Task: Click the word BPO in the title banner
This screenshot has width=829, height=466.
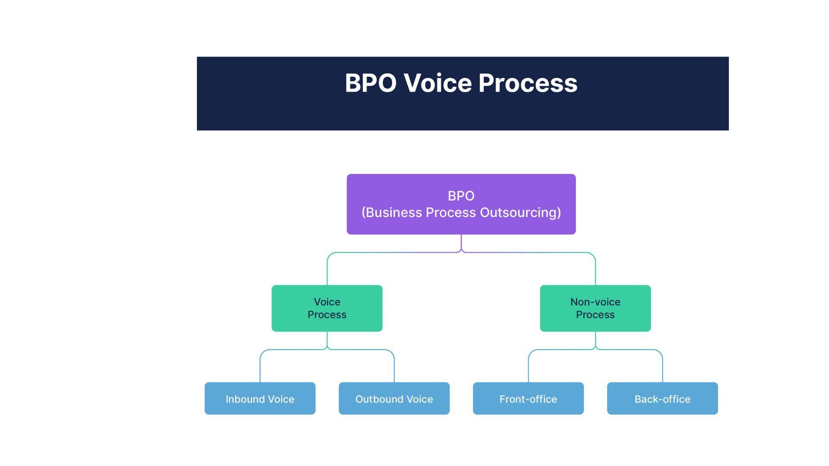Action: (370, 83)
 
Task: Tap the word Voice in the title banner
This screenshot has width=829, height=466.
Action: (437, 83)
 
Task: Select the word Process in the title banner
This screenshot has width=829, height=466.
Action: (528, 83)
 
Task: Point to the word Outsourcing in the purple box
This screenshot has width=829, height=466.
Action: (520, 213)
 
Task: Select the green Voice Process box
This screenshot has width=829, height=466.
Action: (327, 308)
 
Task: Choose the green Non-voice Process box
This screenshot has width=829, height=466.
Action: (595, 308)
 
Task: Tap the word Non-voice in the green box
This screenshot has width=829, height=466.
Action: (595, 302)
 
